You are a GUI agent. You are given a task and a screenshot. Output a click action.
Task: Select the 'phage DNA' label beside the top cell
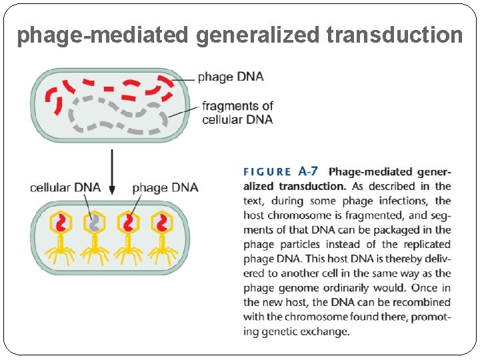click(231, 77)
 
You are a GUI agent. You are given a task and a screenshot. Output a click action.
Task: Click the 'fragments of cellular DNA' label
click(237, 113)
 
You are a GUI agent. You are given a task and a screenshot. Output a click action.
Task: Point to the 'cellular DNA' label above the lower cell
click(65, 187)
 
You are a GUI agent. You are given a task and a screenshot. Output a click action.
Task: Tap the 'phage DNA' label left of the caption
click(165, 187)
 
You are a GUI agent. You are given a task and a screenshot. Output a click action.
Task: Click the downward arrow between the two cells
click(112, 172)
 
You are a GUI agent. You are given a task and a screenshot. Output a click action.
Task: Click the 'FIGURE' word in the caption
click(267, 173)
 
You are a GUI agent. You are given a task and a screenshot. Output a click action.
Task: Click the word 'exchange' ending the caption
click(327, 331)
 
